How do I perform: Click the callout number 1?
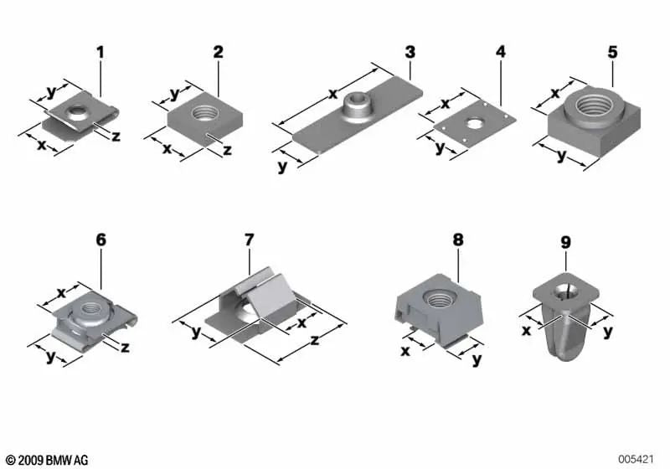pyautogui.click(x=100, y=53)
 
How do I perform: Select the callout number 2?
pyautogui.click(x=218, y=52)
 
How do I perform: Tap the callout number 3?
pyautogui.click(x=410, y=52)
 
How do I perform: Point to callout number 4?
pyautogui.click(x=501, y=52)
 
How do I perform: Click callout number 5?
pyautogui.click(x=612, y=52)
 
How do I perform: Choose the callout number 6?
pyautogui.click(x=101, y=240)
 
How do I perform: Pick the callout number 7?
pyautogui.click(x=249, y=240)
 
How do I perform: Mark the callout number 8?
pyautogui.click(x=457, y=240)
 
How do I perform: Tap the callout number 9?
pyautogui.click(x=565, y=243)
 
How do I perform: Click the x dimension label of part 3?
pyautogui.click(x=332, y=94)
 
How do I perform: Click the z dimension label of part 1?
pyautogui.click(x=116, y=135)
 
